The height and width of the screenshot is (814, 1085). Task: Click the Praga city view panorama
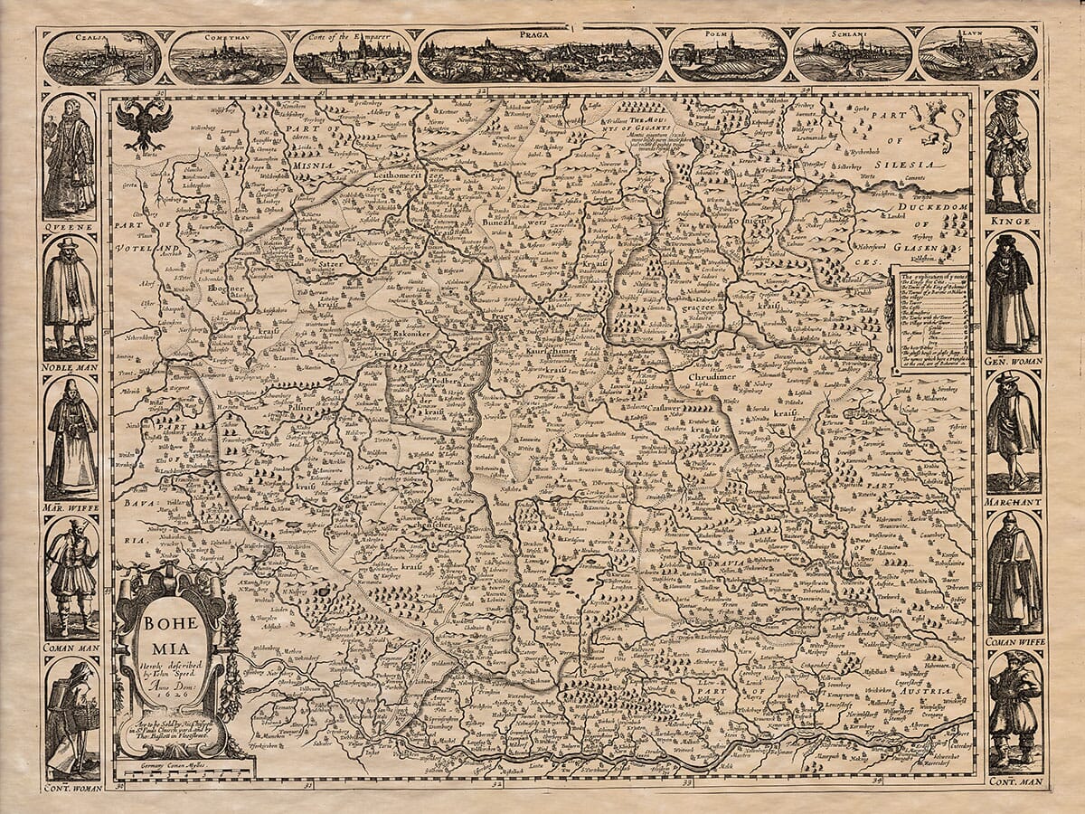(x=540, y=55)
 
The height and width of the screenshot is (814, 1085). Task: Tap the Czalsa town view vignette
(x=102, y=57)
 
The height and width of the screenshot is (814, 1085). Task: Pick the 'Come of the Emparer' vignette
(x=353, y=57)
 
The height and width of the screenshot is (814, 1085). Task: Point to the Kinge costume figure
(x=1010, y=149)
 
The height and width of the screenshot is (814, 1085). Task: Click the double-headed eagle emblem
(x=144, y=124)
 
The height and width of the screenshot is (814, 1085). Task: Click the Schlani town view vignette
(x=852, y=55)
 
